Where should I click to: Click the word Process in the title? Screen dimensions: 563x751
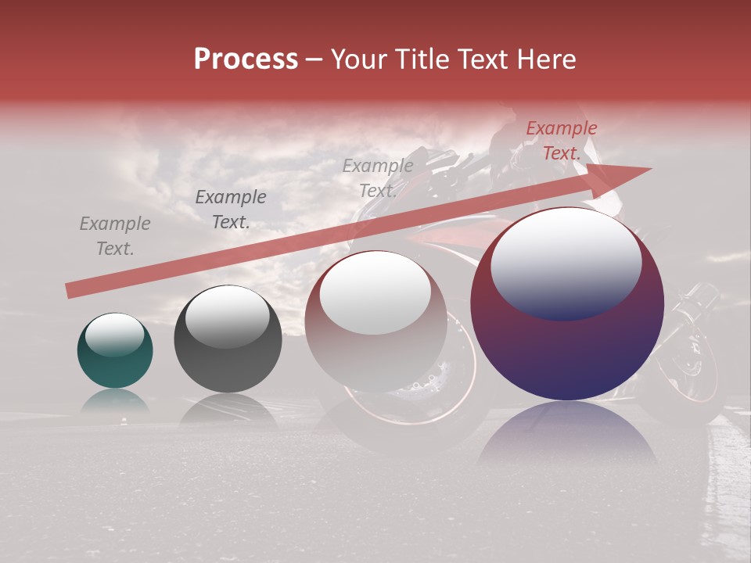coord(246,59)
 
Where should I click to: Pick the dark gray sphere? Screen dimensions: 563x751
coord(228,339)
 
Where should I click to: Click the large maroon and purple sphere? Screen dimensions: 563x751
coord(567,305)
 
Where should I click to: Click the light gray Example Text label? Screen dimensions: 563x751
coord(115,236)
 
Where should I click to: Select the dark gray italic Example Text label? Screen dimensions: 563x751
coord(231,210)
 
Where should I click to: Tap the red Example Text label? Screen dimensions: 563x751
coord(561,141)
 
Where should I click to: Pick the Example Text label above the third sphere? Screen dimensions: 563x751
coord(378,178)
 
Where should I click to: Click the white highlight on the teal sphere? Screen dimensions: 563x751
coord(114,334)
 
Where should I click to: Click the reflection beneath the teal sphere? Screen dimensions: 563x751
coord(115,401)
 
